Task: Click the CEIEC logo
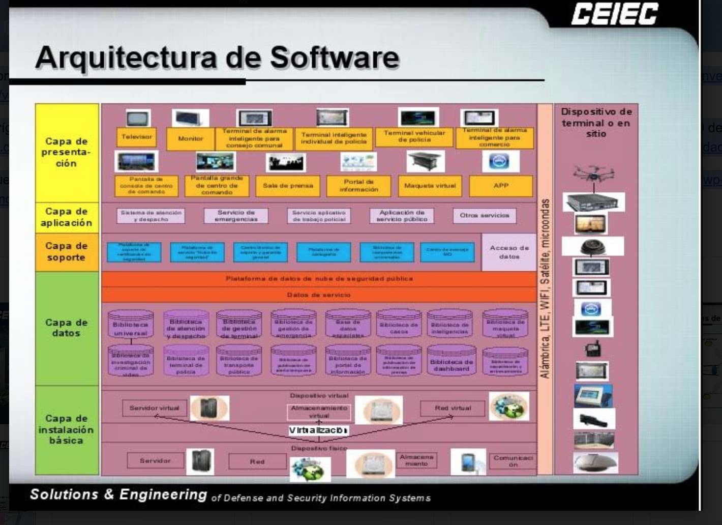point(614,14)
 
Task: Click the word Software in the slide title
point(334,57)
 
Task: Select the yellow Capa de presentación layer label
point(67,152)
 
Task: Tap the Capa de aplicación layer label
point(67,217)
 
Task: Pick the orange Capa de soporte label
point(67,251)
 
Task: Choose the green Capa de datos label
point(67,328)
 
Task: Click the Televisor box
point(136,137)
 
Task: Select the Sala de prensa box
point(288,186)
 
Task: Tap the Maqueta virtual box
point(430,186)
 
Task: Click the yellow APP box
point(501,186)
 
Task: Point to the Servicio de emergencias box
point(236,216)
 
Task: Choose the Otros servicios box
point(484,216)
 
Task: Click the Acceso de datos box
point(509,252)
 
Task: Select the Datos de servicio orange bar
point(319,295)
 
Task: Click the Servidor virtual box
point(155,408)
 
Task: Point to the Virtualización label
point(318,430)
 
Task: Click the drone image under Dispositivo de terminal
point(593,173)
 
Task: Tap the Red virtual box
point(453,408)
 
